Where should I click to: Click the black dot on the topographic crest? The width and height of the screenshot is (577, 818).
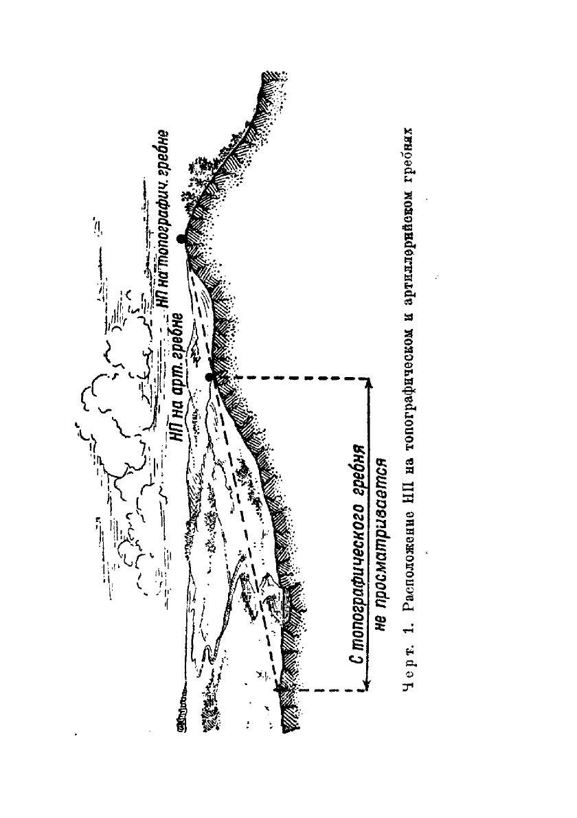point(181,238)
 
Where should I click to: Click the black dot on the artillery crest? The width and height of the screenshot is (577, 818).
point(210,377)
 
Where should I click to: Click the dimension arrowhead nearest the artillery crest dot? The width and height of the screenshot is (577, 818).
point(369,382)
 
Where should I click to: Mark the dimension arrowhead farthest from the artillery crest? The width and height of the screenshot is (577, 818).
point(369,684)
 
